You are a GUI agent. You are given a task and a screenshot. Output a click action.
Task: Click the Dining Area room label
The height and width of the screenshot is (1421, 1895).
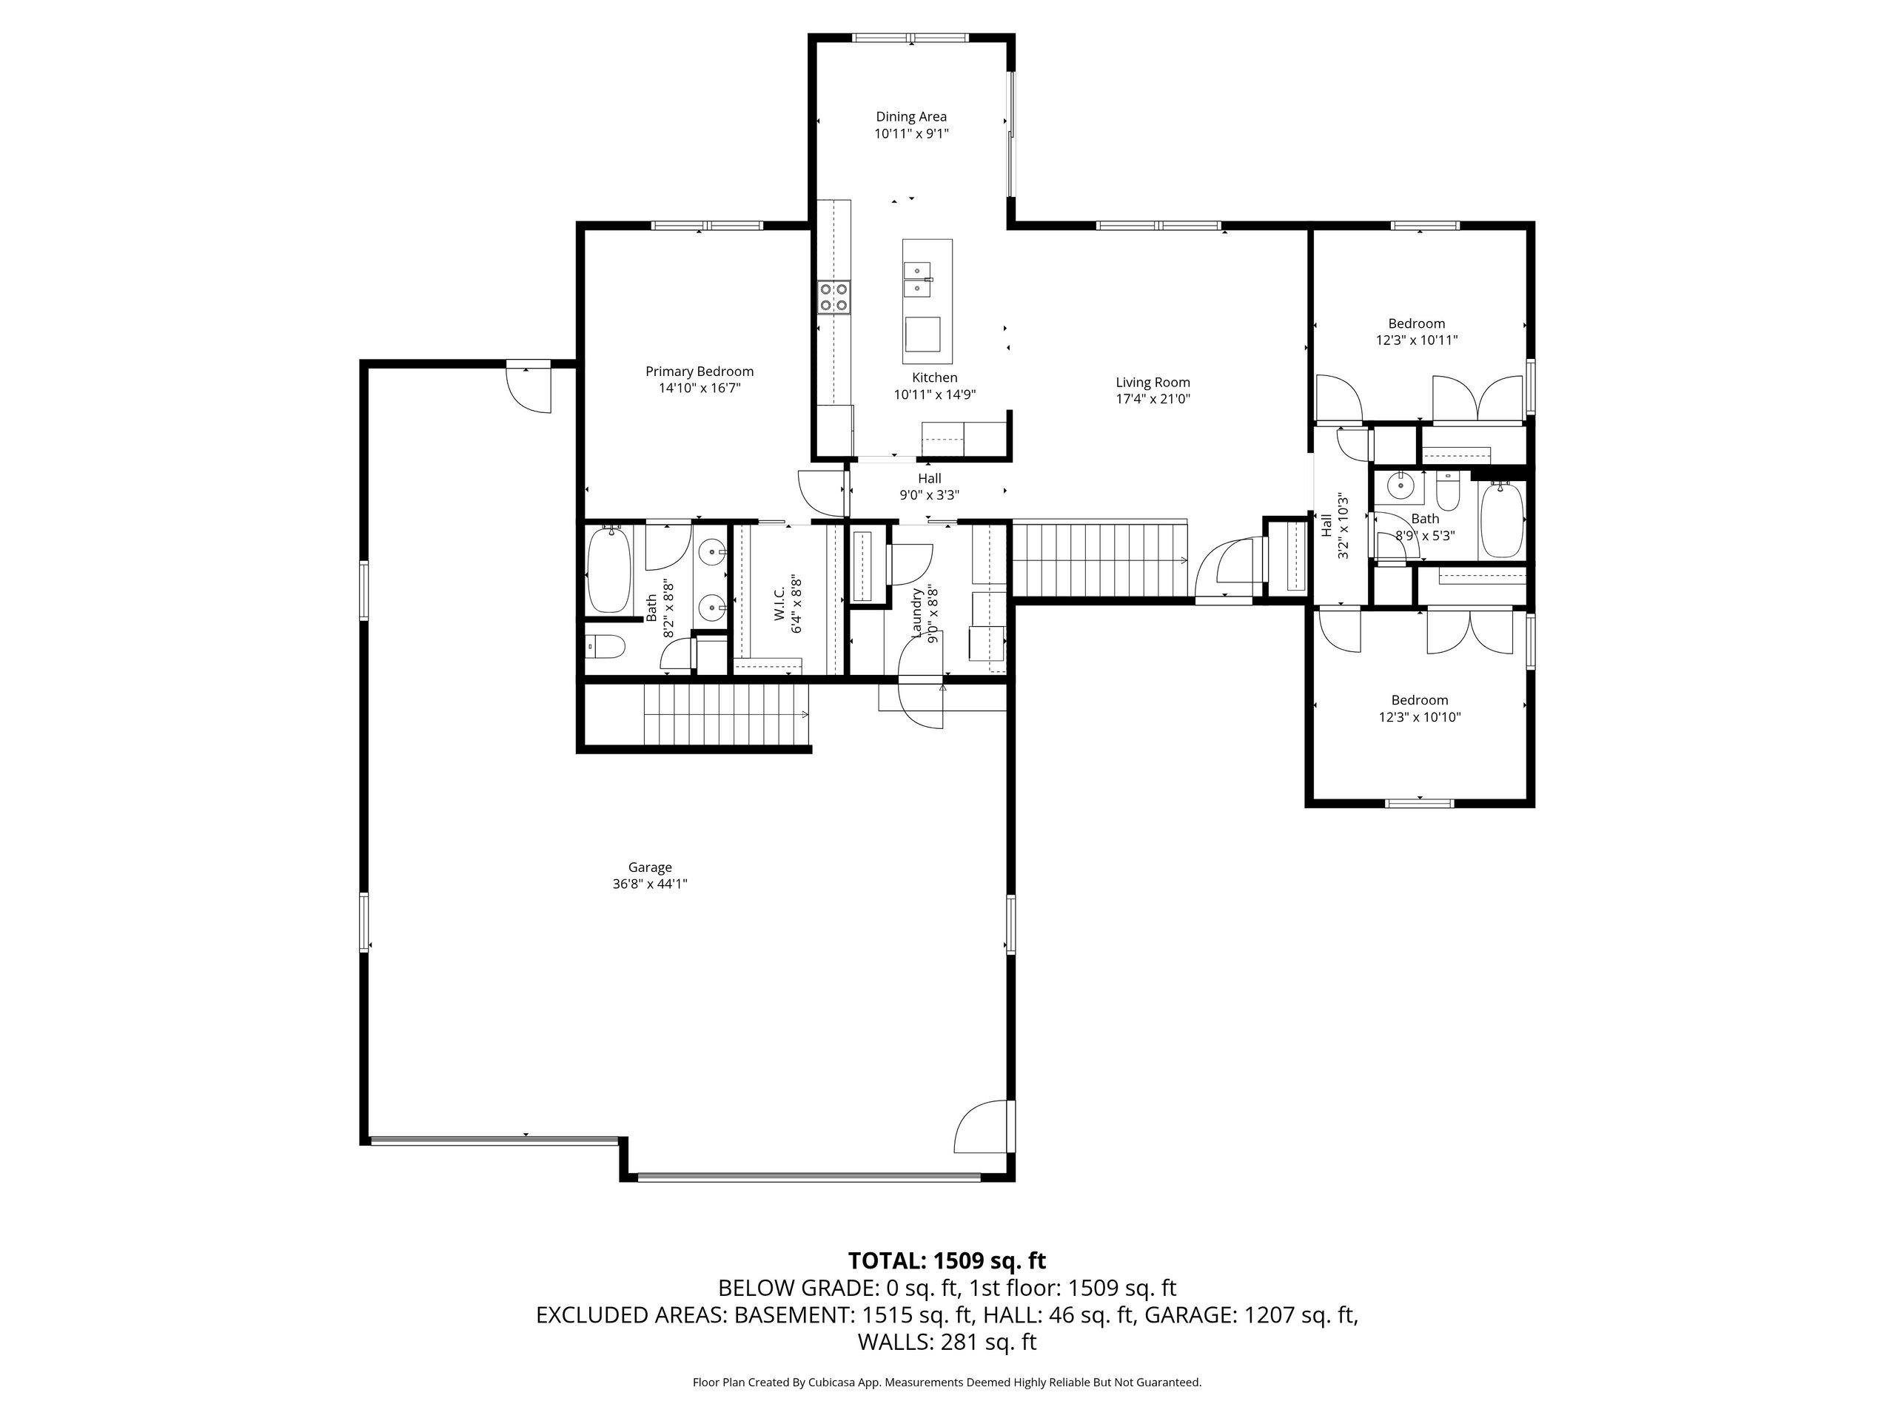(x=910, y=116)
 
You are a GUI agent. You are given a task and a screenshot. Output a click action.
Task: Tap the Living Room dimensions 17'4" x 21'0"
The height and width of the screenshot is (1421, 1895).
(x=1153, y=398)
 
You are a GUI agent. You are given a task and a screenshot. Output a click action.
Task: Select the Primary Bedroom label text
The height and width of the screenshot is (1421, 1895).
(x=699, y=371)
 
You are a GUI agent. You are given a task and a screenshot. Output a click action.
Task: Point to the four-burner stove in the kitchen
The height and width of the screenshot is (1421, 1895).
(x=834, y=296)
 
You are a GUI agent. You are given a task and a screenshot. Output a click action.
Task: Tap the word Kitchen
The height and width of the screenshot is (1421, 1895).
(x=935, y=377)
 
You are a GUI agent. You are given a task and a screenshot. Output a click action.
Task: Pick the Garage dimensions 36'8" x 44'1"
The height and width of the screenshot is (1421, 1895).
(x=649, y=884)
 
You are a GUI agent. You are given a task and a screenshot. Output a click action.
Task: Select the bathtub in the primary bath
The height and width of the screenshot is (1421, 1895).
(x=609, y=570)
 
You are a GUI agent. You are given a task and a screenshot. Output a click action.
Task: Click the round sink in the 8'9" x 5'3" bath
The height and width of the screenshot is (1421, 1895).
(x=1400, y=486)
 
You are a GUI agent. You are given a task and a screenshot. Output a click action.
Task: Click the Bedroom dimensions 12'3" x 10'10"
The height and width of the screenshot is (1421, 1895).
(x=1420, y=717)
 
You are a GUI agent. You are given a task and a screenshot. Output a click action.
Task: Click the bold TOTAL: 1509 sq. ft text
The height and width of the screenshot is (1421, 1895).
(x=947, y=1261)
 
